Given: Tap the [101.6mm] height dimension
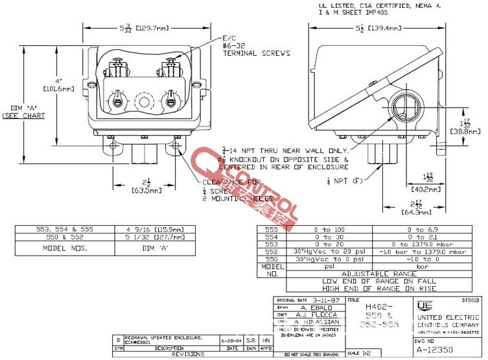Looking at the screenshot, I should pos(59,89).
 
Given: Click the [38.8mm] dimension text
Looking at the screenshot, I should pos(463,130).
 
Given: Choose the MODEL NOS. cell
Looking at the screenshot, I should pos(64,248).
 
